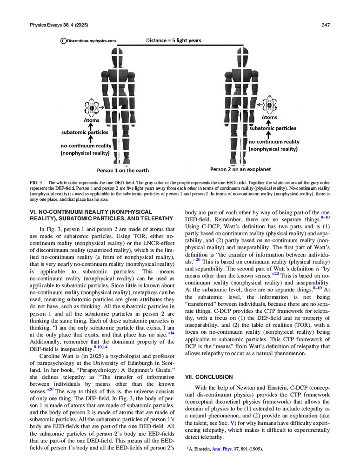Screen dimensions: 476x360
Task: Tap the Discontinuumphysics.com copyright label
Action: click(x=88, y=41)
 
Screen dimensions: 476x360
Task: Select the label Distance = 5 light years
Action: click(x=173, y=40)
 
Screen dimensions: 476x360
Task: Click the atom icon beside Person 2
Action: click(x=269, y=104)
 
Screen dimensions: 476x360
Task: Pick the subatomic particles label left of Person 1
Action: click(x=85, y=132)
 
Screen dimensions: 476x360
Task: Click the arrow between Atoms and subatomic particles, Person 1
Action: click(x=91, y=126)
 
